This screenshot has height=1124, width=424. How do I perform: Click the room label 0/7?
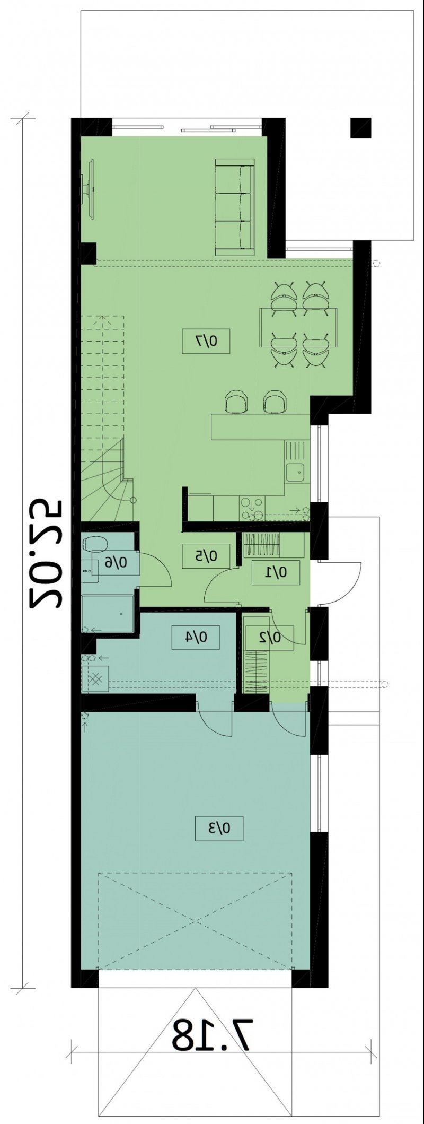(206, 341)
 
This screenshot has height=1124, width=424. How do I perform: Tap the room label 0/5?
(206, 556)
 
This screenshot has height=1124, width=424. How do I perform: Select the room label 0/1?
(276, 572)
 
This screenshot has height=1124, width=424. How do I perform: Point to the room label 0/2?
(269, 638)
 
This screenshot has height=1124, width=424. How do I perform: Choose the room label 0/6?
(115, 561)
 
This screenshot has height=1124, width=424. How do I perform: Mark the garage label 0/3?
(219, 829)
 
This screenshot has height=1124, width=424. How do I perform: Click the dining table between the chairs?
(298, 327)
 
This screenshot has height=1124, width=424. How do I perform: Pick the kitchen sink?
(295, 470)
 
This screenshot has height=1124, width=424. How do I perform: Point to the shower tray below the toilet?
(108, 613)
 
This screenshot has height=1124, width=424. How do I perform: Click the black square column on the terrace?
(360, 128)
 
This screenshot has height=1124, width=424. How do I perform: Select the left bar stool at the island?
(236, 402)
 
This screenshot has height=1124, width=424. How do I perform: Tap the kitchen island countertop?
(260, 427)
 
